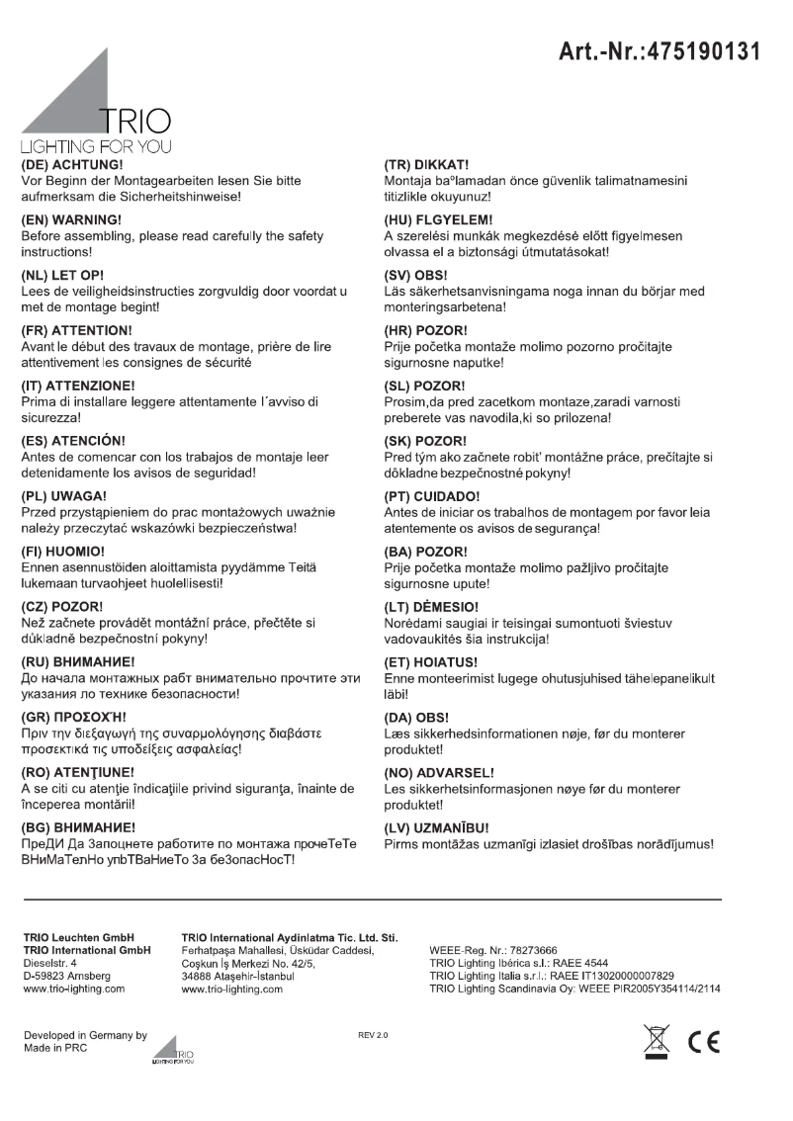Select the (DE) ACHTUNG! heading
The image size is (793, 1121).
[x=71, y=164]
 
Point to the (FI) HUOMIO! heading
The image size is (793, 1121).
[x=63, y=549]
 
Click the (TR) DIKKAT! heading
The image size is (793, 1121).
[x=426, y=164]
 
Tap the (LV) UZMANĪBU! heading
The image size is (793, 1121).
[x=437, y=826]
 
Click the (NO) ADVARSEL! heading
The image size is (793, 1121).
[x=439, y=771]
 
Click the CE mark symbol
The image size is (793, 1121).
[x=706, y=1044]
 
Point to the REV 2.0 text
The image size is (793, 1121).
[x=374, y=1035]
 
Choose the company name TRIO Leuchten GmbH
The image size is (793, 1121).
[x=77, y=935]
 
